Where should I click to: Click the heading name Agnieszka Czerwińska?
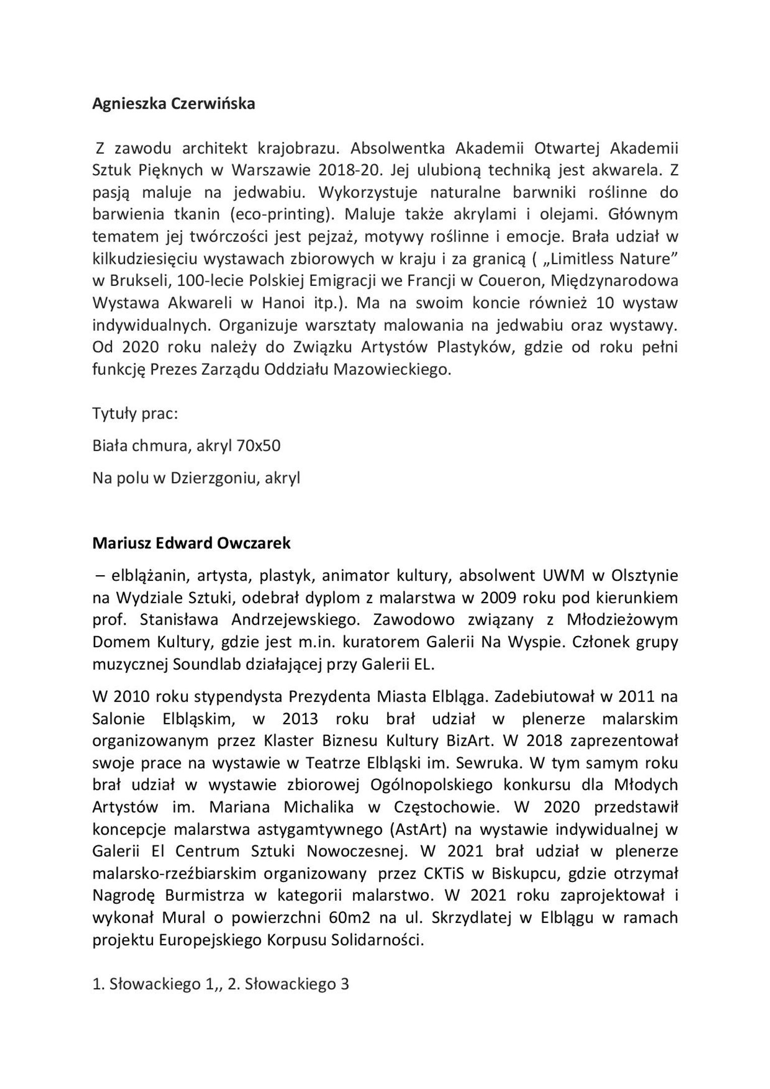click(174, 104)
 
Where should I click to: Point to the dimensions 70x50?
click(258, 446)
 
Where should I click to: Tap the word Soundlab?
click(204, 664)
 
